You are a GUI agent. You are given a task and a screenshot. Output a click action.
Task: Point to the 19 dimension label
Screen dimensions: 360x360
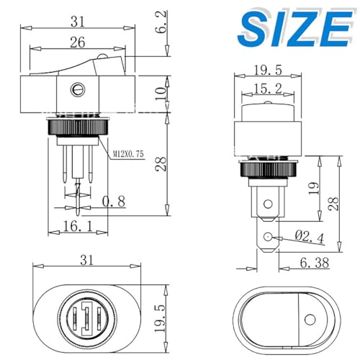point(312,189)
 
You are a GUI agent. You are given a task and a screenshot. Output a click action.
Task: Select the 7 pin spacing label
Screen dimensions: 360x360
point(76,189)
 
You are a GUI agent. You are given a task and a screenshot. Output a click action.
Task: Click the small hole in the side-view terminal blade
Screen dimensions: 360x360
point(268,237)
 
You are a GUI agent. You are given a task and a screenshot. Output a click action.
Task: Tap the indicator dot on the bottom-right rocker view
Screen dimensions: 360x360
point(310,319)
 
